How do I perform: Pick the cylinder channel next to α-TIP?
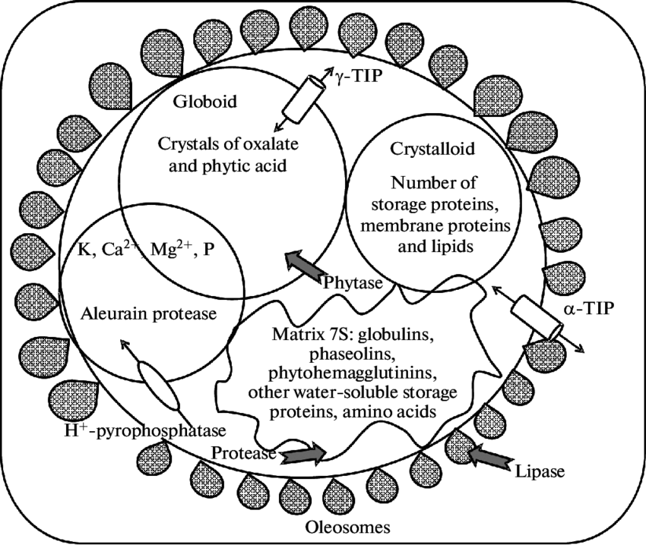tap(536, 317)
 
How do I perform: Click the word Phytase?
tap(351, 282)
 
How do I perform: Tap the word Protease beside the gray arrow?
tap(245, 453)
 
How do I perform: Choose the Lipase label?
tap(540, 471)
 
